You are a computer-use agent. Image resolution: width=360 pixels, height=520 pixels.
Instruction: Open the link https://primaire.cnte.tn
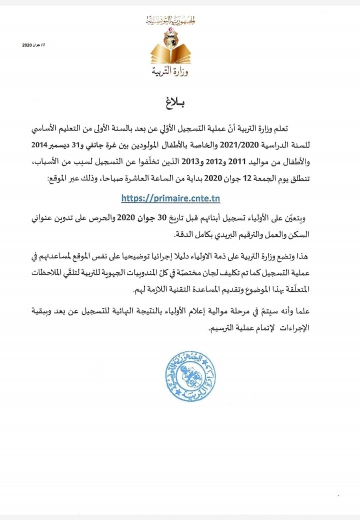click(x=171, y=198)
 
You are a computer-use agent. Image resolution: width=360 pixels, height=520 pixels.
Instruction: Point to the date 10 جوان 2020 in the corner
click(x=33, y=45)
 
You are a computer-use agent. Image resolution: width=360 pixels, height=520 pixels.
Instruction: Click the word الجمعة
click(x=275, y=178)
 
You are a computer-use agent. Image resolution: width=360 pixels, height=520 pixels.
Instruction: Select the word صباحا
click(x=99, y=178)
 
